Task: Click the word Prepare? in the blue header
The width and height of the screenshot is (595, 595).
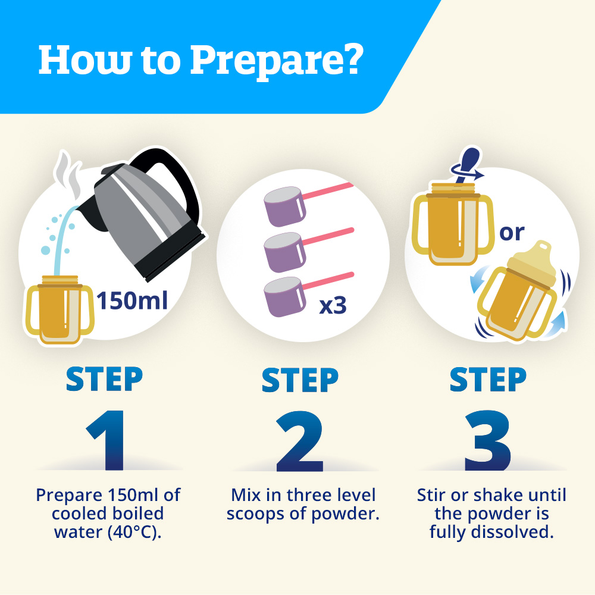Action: point(277,61)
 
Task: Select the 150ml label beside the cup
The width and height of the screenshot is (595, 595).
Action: point(132,300)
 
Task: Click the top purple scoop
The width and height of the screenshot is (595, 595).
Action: point(284,206)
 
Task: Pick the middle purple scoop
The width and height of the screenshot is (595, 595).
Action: point(284,252)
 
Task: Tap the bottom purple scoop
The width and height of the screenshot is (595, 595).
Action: point(284,297)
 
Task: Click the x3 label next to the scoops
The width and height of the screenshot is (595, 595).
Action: point(333,305)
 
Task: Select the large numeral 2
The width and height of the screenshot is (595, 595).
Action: point(300,441)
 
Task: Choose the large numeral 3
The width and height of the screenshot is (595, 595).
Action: point(488,440)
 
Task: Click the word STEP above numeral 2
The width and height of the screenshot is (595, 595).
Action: point(300,380)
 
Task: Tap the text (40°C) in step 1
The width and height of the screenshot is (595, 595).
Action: point(134,532)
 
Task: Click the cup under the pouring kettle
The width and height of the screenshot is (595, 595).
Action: point(59,309)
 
